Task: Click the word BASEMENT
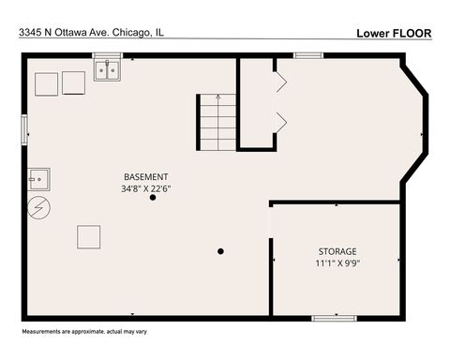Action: [146, 177]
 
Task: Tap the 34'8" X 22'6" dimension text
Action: [146, 188]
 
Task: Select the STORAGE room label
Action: [337, 251]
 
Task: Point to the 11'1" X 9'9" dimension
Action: [337, 263]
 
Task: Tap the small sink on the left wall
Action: [38, 177]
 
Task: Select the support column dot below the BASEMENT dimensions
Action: [153, 198]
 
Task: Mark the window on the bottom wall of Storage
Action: [333, 318]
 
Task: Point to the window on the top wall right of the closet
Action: [308, 55]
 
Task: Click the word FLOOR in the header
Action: [412, 32]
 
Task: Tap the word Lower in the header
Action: [374, 32]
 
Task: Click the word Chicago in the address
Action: [134, 32]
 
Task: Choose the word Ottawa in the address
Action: [75, 32]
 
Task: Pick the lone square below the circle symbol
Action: [89, 236]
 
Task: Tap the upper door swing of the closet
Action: [280, 82]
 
